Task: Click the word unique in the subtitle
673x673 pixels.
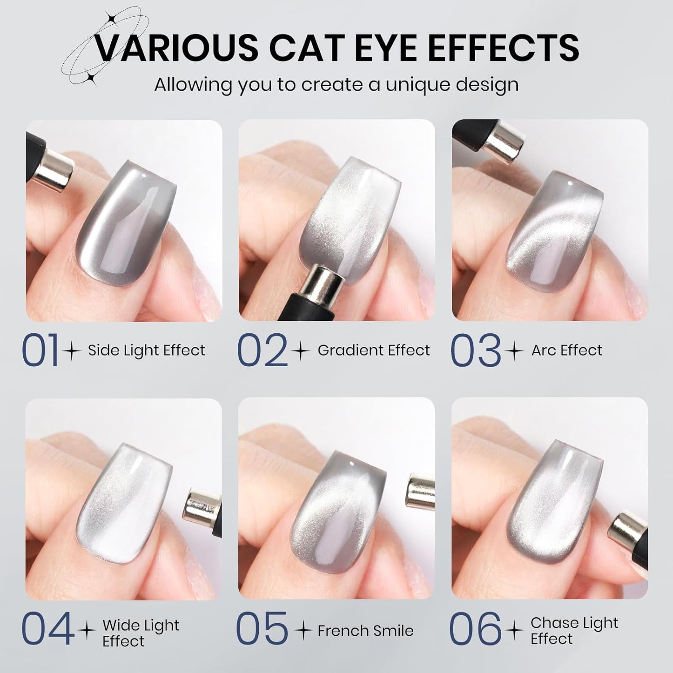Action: [413, 84]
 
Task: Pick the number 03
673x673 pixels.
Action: [475, 350]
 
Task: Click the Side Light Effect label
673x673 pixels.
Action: [146, 350]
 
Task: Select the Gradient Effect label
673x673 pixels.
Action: [374, 350]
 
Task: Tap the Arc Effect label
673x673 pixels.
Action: [567, 350]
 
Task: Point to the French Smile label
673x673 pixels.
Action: [365, 631]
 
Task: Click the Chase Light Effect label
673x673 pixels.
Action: [574, 630]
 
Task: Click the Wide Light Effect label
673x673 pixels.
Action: [141, 633]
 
